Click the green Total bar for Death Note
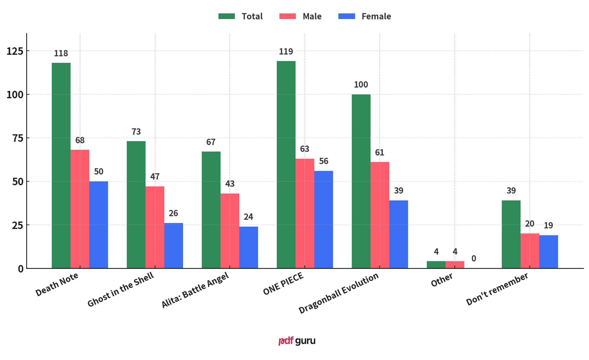(x=61, y=165)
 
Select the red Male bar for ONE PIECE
(x=305, y=213)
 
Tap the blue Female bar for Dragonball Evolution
(x=399, y=234)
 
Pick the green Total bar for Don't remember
(x=511, y=234)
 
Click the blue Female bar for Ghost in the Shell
(x=174, y=245)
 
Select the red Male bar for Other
(x=455, y=264)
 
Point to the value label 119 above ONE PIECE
(x=286, y=52)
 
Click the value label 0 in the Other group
(x=474, y=258)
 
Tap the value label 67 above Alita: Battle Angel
(x=211, y=142)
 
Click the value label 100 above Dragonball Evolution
(x=361, y=85)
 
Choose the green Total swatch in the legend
(x=226, y=16)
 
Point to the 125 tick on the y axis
(x=15, y=51)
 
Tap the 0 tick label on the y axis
(x=21, y=269)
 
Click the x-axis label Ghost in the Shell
(x=121, y=289)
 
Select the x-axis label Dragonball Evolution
(x=338, y=293)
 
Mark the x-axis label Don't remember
(x=497, y=289)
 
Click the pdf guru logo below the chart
(x=297, y=341)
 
